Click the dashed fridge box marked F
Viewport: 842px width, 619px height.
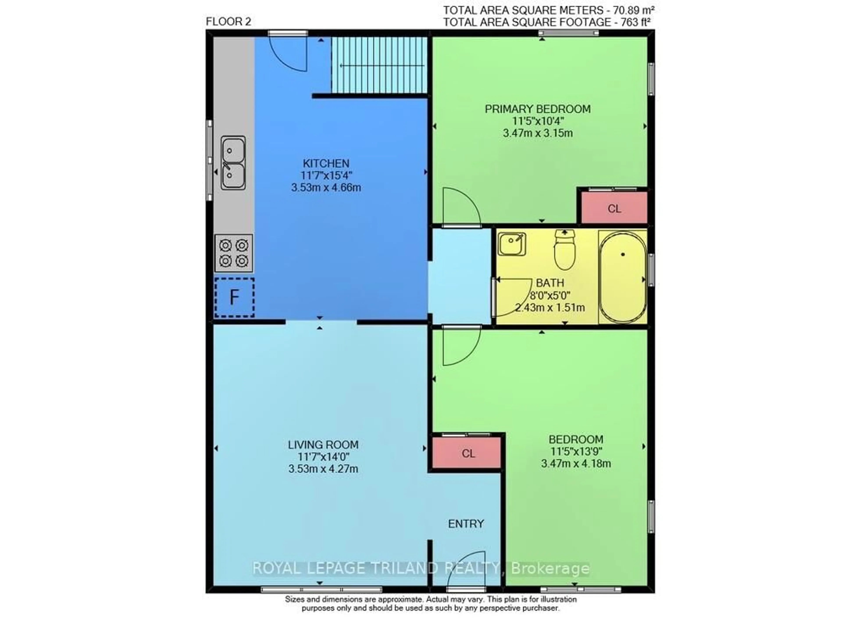tap(234, 297)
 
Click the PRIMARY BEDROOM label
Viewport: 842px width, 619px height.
tap(537, 109)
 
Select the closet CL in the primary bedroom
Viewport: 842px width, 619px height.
tap(614, 208)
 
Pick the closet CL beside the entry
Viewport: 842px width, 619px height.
tap(468, 453)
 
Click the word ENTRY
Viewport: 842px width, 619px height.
tap(466, 523)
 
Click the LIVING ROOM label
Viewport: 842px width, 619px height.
tap(323, 445)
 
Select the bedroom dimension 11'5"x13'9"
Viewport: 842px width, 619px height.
tap(576, 451)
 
